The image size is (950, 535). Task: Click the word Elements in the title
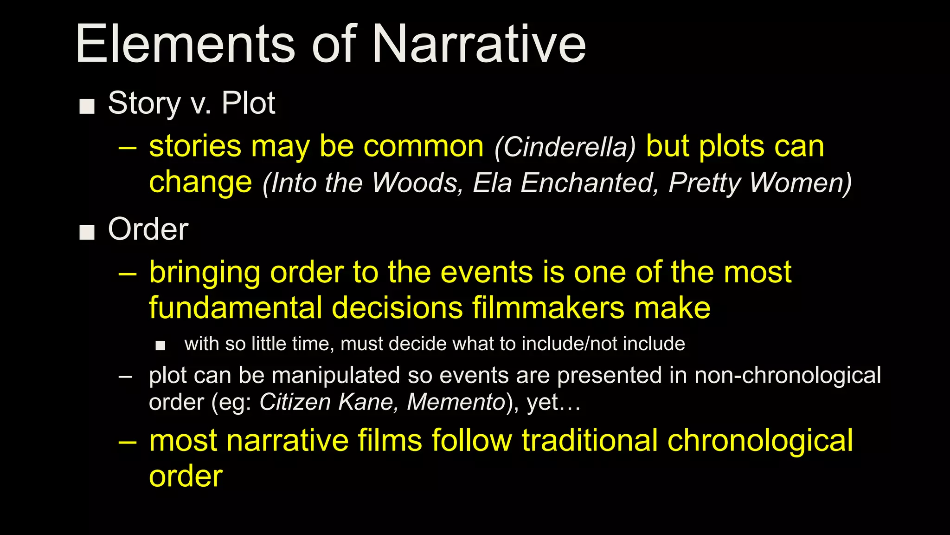(186, 45)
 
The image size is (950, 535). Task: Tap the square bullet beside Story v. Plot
(87, 106)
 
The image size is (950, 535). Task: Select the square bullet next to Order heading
(87, 232)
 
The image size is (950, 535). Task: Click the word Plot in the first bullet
(248, 103)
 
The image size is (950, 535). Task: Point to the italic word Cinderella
(565, 148)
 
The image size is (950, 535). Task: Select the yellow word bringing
(204, 273)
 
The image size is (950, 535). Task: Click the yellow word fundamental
(235, 308)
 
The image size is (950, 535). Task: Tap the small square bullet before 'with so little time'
(160, 346)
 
